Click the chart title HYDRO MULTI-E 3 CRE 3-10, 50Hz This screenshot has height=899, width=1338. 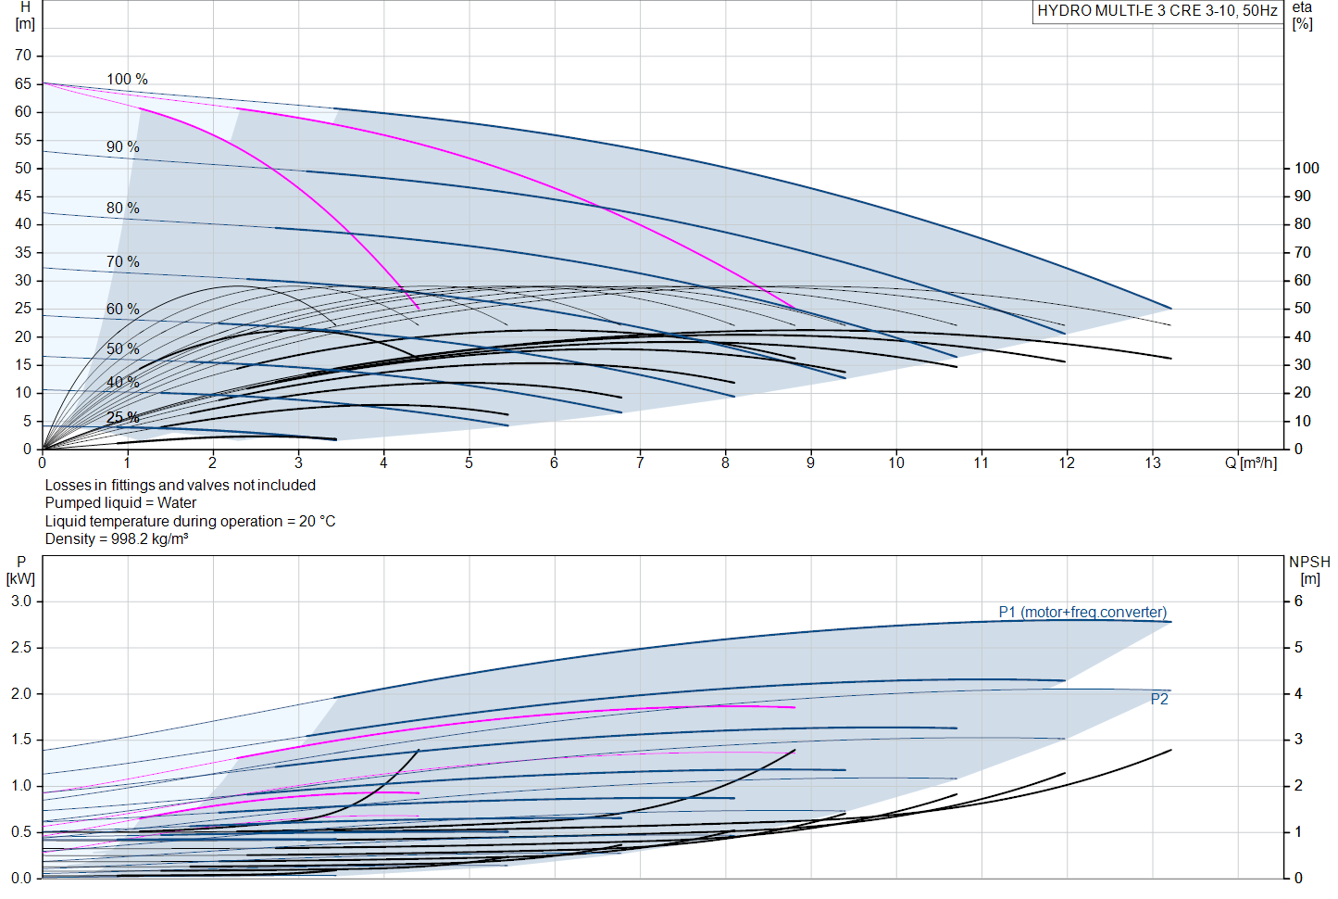click(x=1157, y=11)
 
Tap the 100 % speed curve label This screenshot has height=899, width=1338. click(x=127, y=80)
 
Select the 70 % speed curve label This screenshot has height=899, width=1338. click(x=122, y=262)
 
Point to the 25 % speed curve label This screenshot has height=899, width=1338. click(x=122, y=418)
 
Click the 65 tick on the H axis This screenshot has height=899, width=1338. click(x=23, y=84)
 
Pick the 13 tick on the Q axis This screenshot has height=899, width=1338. click(x=1152, y=462)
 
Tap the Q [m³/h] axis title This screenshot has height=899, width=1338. click(x=1250, y=462)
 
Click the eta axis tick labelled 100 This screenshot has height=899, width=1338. click(x=1306, y=169)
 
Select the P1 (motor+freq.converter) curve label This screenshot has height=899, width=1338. click(x=1082, y=613)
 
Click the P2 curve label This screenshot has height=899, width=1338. click(x=1159, y=700)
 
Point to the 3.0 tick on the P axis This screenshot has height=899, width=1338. click(x=21, y=601)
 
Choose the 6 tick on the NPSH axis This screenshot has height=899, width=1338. click(x=1298, y=601)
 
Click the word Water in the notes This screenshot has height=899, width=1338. click(x=177, y=503)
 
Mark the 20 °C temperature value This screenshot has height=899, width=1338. click(x=317, y=522)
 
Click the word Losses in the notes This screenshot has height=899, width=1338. click(x=68, y=486)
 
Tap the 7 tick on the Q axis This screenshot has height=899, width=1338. click(x=640, y=462)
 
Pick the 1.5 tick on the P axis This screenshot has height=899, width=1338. click(x=21, y=740)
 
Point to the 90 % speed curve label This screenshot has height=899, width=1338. click(x=122, y=147)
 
